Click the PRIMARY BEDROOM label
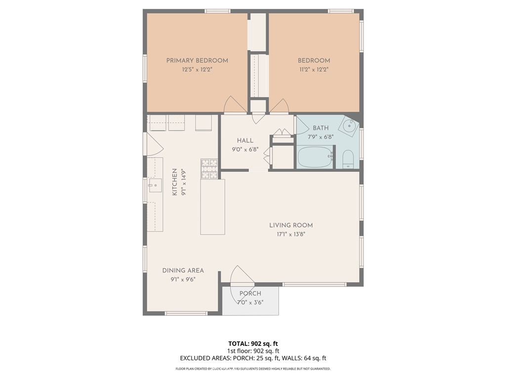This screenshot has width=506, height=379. [x=197, y=60]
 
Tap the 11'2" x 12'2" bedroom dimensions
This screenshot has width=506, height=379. [x=314, y=69]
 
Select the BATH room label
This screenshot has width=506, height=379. [x=320, y=128]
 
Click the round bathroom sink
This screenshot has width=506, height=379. [x=349, y=126]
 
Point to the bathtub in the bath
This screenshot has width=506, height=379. [x=315, y=156]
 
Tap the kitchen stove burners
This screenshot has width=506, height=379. [x=210, y=169]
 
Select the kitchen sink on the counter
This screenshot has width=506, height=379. [x=155, y=185]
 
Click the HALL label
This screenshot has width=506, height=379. [x=245, y=141]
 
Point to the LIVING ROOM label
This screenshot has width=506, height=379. [x=291, y=225]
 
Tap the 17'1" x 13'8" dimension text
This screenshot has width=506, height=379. [x=291, y=234]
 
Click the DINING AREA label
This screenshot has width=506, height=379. [x=183, y=270]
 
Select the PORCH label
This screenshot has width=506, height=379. [x=251, y=294]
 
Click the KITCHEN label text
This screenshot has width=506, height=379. [x=174, y=182]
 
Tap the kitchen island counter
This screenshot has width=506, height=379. [x=212, y=207]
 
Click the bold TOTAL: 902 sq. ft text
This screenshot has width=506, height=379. [x=253, y=343]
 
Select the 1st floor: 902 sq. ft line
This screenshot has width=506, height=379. [x=253, y=351]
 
